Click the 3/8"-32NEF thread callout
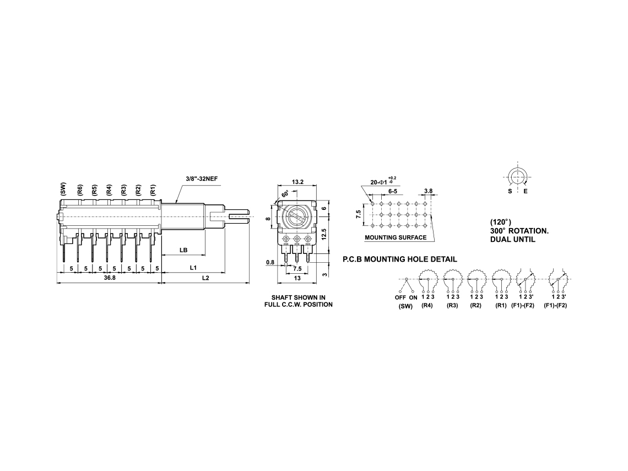202,178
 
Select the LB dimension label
183,250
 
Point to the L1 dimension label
193,267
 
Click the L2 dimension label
205,278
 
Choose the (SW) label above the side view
63,188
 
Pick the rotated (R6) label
80,190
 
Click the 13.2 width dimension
297,182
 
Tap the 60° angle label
285,194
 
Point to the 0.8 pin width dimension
270,262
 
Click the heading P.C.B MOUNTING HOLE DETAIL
400,259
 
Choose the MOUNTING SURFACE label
396,237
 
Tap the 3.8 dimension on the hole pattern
428,191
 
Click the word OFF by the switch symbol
400,297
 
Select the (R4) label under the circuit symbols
427,306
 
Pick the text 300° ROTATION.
519,231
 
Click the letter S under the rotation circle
510,192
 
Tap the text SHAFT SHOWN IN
299,297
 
